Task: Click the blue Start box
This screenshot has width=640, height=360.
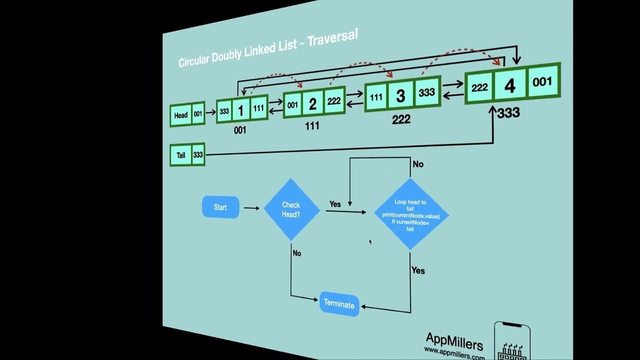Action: [x=220, y=207]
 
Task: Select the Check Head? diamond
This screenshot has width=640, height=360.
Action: [x=291, y=209]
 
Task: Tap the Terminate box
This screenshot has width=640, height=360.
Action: [x=339, y=303]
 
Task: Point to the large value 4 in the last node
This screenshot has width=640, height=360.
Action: [x=509, y=86]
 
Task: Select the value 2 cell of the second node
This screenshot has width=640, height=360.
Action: [x=312, y=104]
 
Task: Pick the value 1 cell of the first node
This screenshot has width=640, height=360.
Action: [x=240, y=110]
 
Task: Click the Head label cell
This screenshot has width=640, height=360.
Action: [x=181, y=115]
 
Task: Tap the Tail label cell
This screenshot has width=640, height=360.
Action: [x=180, y=155]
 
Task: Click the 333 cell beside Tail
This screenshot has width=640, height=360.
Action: [x=198, y=155]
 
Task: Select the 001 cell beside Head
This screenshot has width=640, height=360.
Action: [x=198, y=114]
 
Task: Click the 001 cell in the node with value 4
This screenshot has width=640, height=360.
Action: [x=542, y=81]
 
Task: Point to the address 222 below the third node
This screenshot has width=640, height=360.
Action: [x=401, y=119]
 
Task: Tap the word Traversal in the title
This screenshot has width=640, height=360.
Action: [x=332, y=40]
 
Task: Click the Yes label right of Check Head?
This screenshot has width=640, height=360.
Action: [x=335, y=204]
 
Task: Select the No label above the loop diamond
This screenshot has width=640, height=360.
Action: [x=418, y=164]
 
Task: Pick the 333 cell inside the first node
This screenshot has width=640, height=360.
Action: [x=224, y=111]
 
